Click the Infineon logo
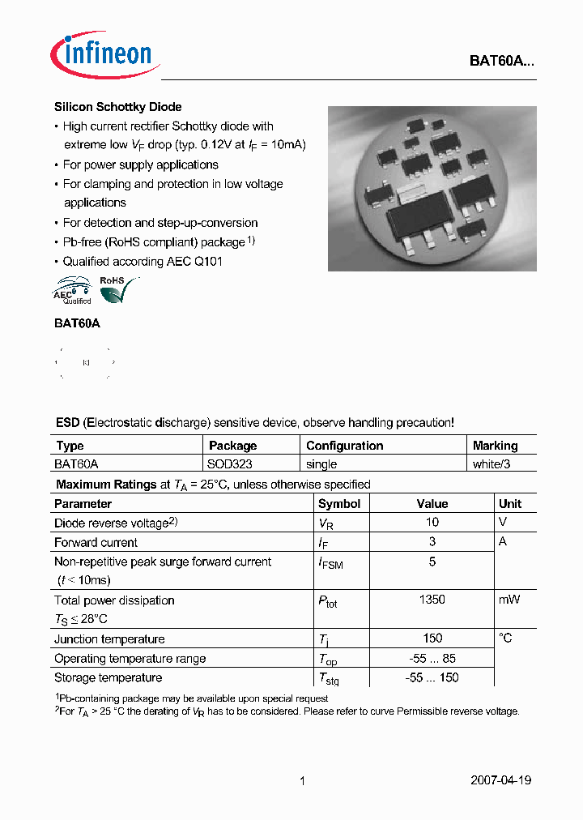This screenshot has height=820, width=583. (104, 55)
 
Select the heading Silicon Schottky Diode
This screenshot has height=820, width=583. (117, 107)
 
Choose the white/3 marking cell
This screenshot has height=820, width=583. (492, 464)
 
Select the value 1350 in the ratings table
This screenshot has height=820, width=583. (432, 600)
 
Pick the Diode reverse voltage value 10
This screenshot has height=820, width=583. (432, 523)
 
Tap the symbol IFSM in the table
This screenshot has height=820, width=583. (330, 562)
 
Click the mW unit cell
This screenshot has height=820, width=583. (509, 600)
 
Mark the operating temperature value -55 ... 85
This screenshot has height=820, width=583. (432, 658)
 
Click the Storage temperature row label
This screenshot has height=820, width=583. (108, 677)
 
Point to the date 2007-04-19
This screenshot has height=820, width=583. (500, 780)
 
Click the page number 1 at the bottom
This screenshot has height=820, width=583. (302, 780)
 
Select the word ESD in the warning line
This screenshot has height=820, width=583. (67, 422)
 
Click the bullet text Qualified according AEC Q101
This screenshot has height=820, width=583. (143, 261)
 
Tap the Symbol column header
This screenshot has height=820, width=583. (340, 503)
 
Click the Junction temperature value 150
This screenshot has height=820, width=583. (432, 638)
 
